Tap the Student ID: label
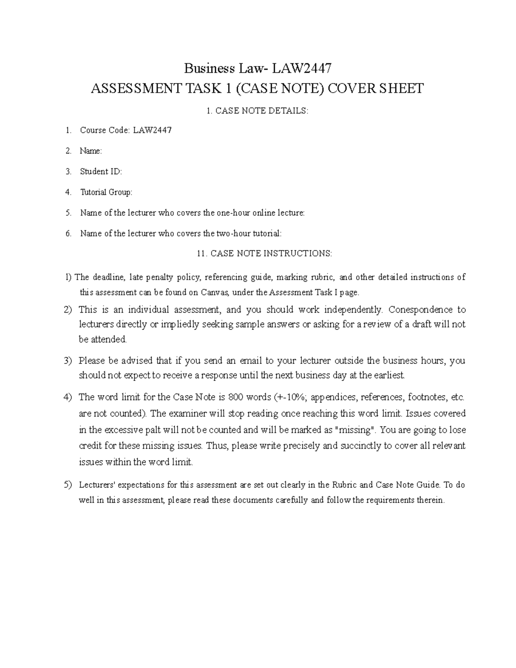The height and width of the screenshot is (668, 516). tap(101, 172)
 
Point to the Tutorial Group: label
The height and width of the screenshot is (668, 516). tap(106, 192)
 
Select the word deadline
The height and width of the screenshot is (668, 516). tap(109, 277)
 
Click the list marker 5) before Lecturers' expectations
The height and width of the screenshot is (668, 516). tap(68, 485)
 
